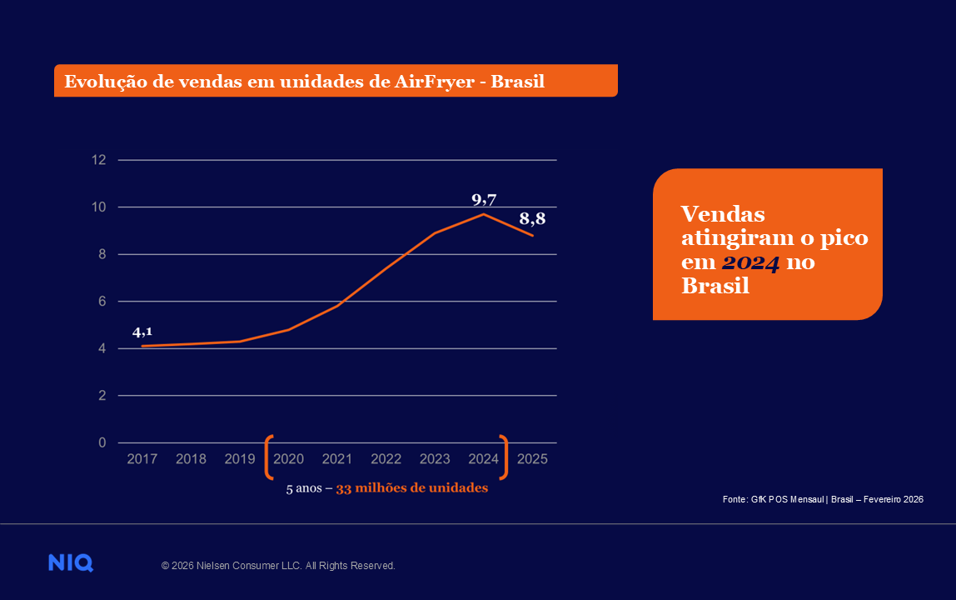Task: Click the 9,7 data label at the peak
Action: (484, 199)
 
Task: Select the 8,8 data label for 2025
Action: (532, 219)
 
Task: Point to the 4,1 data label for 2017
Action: (142, 332)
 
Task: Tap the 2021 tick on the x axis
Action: (337, 459)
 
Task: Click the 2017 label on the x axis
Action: (142, 459)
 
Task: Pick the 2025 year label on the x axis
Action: (532, 459)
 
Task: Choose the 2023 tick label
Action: (435, 459)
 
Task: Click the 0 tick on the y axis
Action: (102, 442)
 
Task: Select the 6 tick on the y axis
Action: (102, 302)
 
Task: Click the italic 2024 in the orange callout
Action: (750, 263)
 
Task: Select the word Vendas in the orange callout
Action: (723, 213)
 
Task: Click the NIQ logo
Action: (71, 563)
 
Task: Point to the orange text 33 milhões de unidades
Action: (411, 488)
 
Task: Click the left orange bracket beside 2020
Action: (269, 457)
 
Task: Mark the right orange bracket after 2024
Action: (503, 457)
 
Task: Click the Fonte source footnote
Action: (823, 499)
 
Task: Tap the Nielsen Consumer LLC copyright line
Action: (278, 566)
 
